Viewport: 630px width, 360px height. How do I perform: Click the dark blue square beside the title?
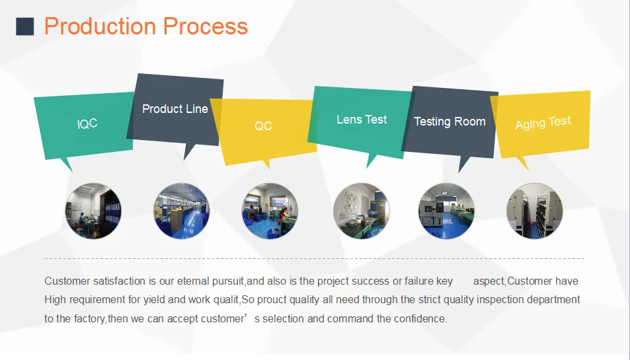[24, 26]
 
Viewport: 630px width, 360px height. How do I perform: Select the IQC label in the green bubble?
[87, 124]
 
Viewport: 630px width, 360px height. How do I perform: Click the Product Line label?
[175, 109]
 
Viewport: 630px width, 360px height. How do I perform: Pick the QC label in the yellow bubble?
[263, 126]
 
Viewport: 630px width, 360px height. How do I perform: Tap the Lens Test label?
[362, 120]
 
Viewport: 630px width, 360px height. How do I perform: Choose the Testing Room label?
[450, 122]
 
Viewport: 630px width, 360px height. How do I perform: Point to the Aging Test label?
[543, 123]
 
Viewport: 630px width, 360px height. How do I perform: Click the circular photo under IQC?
[93, 211]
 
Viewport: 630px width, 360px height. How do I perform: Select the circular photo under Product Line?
[181, 211]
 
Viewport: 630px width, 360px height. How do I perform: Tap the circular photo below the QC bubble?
[270, 211]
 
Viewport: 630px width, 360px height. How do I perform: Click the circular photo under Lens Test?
[361, 211]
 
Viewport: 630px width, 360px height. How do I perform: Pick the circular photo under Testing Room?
[446, 211]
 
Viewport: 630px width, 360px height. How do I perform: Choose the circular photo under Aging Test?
[534, 211]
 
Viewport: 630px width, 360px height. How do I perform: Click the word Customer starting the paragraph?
[67, 281]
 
